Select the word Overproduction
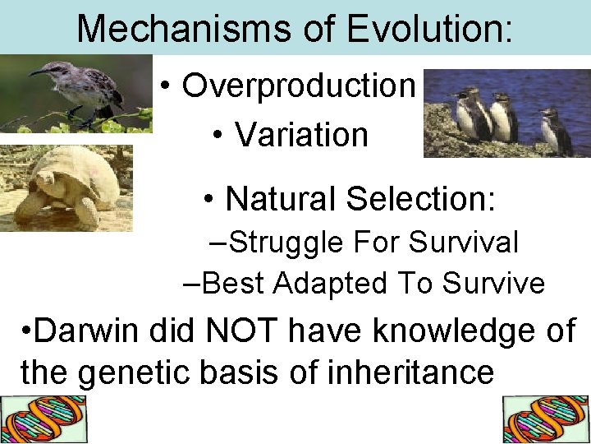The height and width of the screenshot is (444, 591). (299, 85)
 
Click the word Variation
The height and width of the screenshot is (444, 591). (302, 135)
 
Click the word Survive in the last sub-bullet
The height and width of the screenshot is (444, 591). (493, 283)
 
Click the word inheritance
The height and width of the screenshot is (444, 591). (410, 372)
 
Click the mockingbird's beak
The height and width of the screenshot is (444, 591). (37, 72)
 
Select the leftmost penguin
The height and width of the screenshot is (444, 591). (469, 115)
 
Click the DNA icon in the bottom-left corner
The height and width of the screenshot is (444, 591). (43, 420)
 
